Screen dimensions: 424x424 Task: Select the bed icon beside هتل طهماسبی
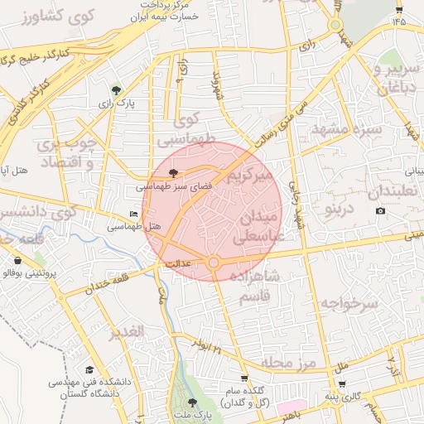134,214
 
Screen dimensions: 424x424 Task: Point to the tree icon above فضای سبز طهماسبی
173,173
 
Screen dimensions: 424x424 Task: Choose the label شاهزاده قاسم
255,286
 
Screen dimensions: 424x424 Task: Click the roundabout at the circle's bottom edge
214,263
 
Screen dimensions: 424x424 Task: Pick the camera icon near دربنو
380,210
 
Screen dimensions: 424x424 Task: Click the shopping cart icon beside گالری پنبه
342,384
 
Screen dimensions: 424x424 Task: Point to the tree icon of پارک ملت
193,401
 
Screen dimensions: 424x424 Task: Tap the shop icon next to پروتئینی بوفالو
18,261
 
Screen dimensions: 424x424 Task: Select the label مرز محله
290,363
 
